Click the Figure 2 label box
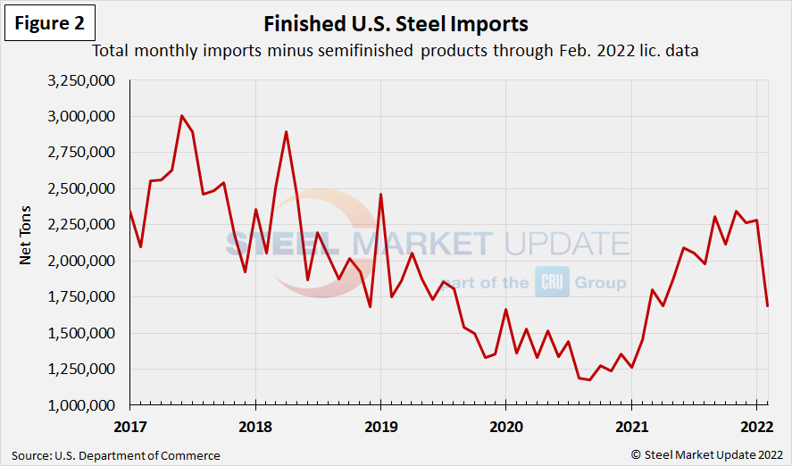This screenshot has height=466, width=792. pyautogui.click(x=52, y=22)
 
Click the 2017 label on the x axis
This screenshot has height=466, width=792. pyautogui.click(x=130, y=424)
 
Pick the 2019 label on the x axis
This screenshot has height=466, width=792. pyautogui.click(x=381, y=424)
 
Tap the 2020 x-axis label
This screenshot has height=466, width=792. pyautogui.click(x=506, y=424)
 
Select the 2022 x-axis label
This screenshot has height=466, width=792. pyautogui.click(x=756, y=424)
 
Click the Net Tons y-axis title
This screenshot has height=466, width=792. pyautogui.click(x=26, y=243)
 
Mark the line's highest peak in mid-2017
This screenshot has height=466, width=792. pyautogui.click(x=181, y=116)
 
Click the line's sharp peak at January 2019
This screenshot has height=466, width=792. pyautogui.click(x=381, y=195)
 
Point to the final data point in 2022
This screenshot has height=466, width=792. pyautogui.click(x=767, y=306)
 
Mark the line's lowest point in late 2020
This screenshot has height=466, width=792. pyautogui.click(x=589, y=379)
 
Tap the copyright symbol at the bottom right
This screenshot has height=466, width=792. pyautogui.click(x=636, y=455)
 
